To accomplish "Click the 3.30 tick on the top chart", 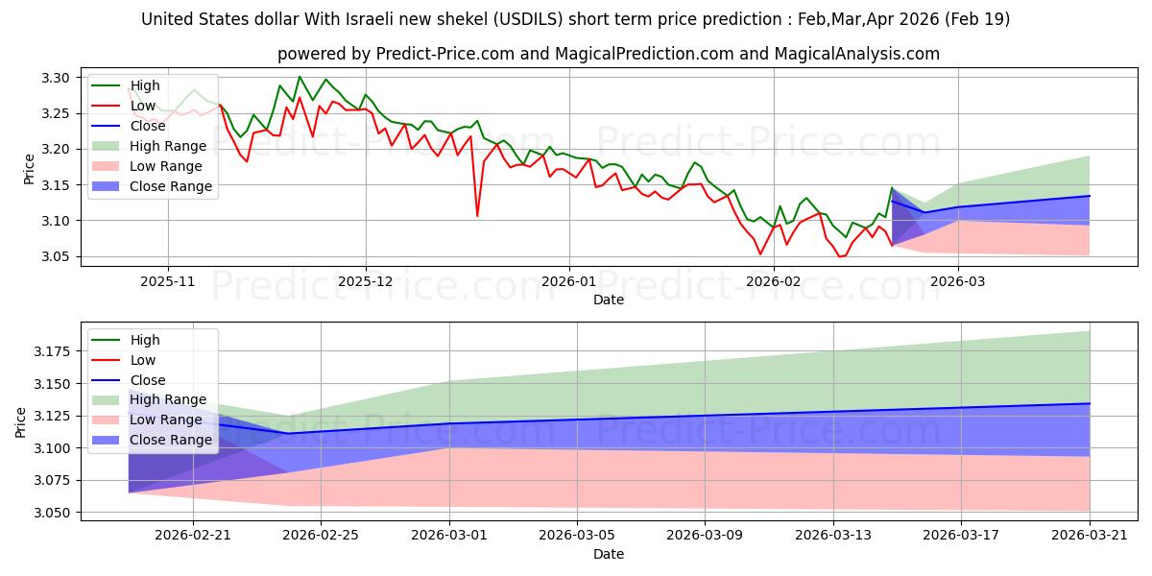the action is (55, 78).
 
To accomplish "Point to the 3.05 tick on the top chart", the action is (55, 256).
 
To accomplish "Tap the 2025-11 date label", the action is (168, 282).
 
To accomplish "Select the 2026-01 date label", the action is (568, 282).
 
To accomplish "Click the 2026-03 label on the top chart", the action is (958, 282).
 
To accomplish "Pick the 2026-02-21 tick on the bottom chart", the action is (193, 536).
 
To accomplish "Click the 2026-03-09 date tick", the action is (705, 536).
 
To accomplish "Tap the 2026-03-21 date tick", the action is (1090, 536).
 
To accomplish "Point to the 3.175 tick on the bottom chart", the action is (52, 351).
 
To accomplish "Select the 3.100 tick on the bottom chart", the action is (52, 448).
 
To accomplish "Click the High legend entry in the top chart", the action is (145, 85).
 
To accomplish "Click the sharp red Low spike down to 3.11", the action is (477, 215).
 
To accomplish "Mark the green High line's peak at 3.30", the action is (300, 77).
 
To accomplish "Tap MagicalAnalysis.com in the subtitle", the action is (856, 54).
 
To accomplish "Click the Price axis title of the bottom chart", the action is (20, 422).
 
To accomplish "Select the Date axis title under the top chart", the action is (609, 300).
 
